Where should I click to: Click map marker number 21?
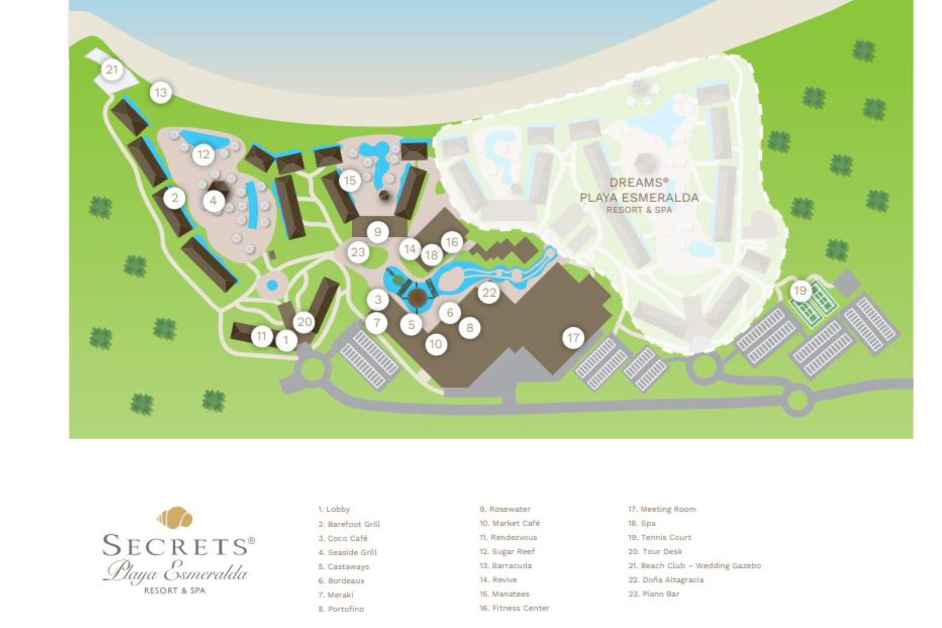coord(112,70)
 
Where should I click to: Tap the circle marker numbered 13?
coord(161,93)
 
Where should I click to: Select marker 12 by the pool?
coord(203,154)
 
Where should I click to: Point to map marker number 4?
coord(213,201)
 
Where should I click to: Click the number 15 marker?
coord(350,181)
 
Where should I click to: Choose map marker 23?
coord(358,252)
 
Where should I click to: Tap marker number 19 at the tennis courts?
coord(800,291)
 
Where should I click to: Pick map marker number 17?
coord(573,338)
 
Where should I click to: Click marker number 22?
coord(489,293)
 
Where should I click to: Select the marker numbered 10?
coord(436,344)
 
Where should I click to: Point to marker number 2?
coord(174,199)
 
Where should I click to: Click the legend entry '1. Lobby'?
coord(334,509)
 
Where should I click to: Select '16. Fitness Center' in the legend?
coord(514,608)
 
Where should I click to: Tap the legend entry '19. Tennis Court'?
coord(659,537)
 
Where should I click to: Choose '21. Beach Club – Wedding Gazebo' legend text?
coord(694,566)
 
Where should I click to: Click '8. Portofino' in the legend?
coord(341,609)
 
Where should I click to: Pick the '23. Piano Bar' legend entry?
coord(654,594)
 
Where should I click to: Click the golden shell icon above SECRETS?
coord(175,518)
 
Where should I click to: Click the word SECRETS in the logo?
coord(175,546)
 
